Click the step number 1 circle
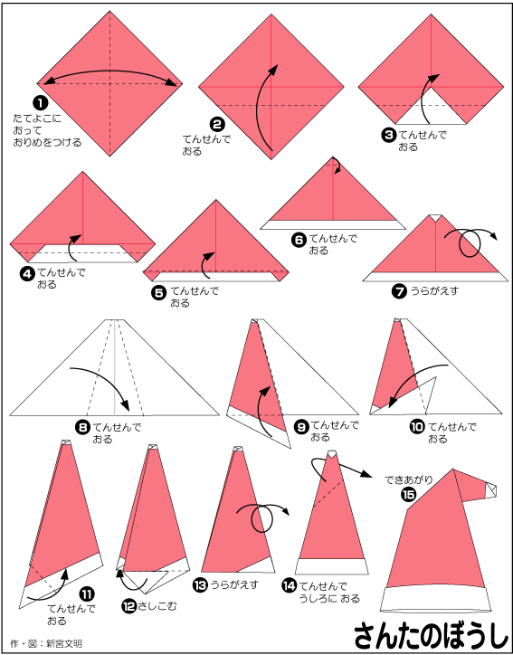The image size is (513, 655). [41, 102]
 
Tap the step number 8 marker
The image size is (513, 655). [81, 427]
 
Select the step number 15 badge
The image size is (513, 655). [407, 495]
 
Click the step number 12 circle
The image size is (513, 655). [128, 605]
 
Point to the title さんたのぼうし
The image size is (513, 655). [428, 637]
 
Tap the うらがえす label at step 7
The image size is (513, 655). [434, 290]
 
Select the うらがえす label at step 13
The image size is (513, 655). [233, 584]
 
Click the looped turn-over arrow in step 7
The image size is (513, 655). [470, 242]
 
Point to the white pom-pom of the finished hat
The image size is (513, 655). [490, 490]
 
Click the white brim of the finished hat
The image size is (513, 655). [435, 598]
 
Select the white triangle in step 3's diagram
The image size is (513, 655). [431, 106]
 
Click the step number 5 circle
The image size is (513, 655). [158, 292]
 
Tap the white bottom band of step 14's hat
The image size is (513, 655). [332, 566]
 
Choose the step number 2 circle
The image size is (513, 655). [218, 124]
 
